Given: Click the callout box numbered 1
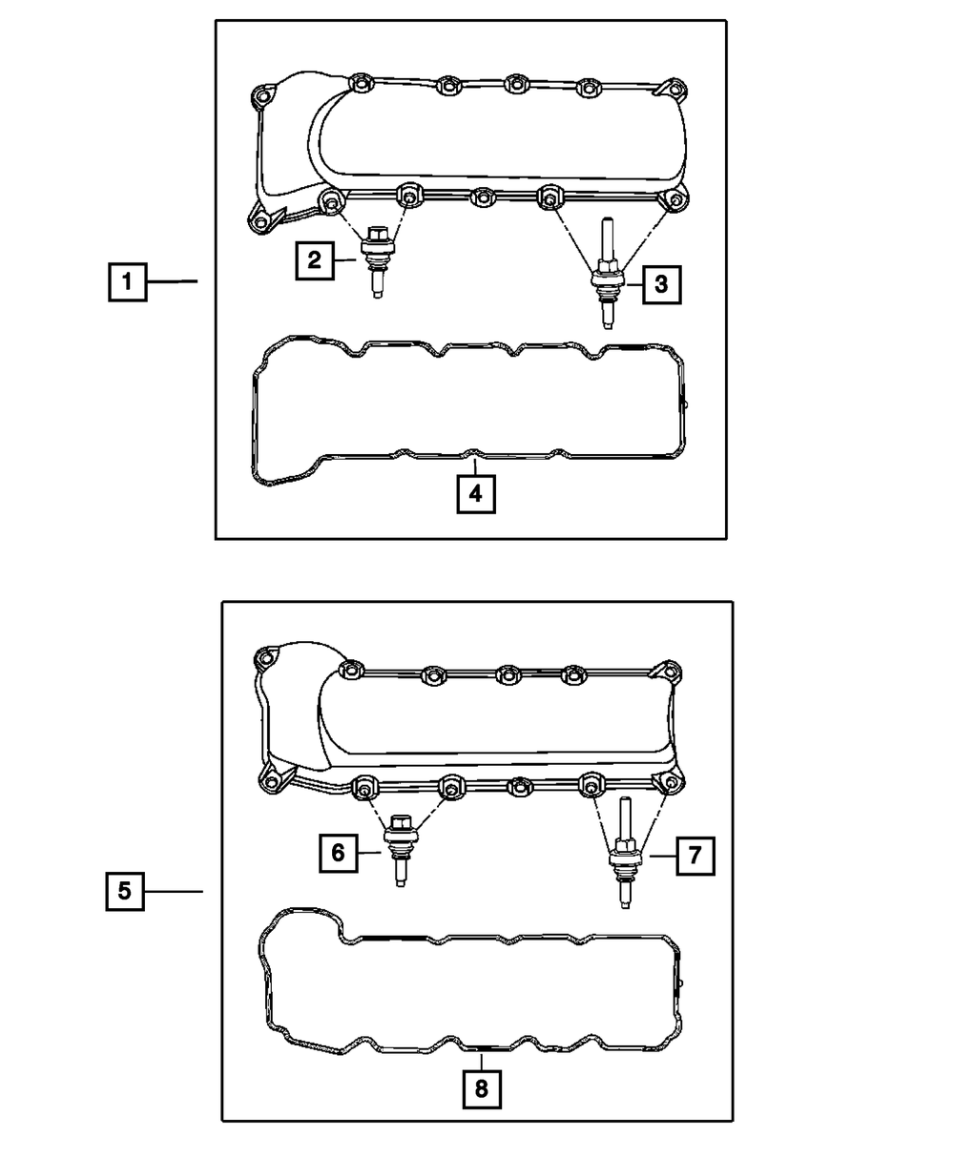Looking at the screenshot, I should point(126,282).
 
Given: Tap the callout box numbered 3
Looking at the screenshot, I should point(662,284).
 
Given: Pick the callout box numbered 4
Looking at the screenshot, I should point(475,493).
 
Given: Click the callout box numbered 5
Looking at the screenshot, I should point(125,892).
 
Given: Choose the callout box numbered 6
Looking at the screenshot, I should point(338,853).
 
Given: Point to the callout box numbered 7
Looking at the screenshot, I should point(695,856).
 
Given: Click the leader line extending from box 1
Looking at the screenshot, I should point(172,281).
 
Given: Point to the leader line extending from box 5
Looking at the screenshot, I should point(174,892).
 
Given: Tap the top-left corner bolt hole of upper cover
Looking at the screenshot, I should point(262,96).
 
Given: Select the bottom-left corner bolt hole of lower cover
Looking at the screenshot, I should point(271,782).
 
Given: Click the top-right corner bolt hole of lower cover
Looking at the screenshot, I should point(671,670).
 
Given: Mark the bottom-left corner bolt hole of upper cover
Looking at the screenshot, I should point(259,222).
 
